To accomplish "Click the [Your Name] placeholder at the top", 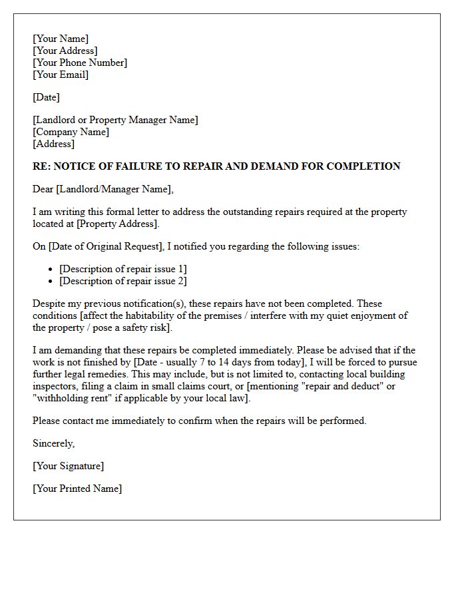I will [61, 39].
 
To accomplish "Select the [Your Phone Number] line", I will [80, 63].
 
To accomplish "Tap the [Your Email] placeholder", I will [61, 75].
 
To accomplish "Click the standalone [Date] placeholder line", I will [46, 97].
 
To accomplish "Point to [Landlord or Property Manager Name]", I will [115, 120].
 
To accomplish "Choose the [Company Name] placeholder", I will [71, 132].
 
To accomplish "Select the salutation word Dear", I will [43, 189].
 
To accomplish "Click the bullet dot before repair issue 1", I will [51, 270].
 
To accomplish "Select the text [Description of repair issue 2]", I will [123, 281].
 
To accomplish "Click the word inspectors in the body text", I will [57, 386].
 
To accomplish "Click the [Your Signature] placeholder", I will [68, 466].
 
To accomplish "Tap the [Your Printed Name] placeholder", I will [77, 489].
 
